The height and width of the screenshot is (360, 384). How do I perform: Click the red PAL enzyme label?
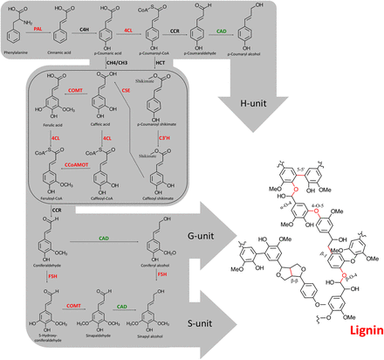coord(38,30)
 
